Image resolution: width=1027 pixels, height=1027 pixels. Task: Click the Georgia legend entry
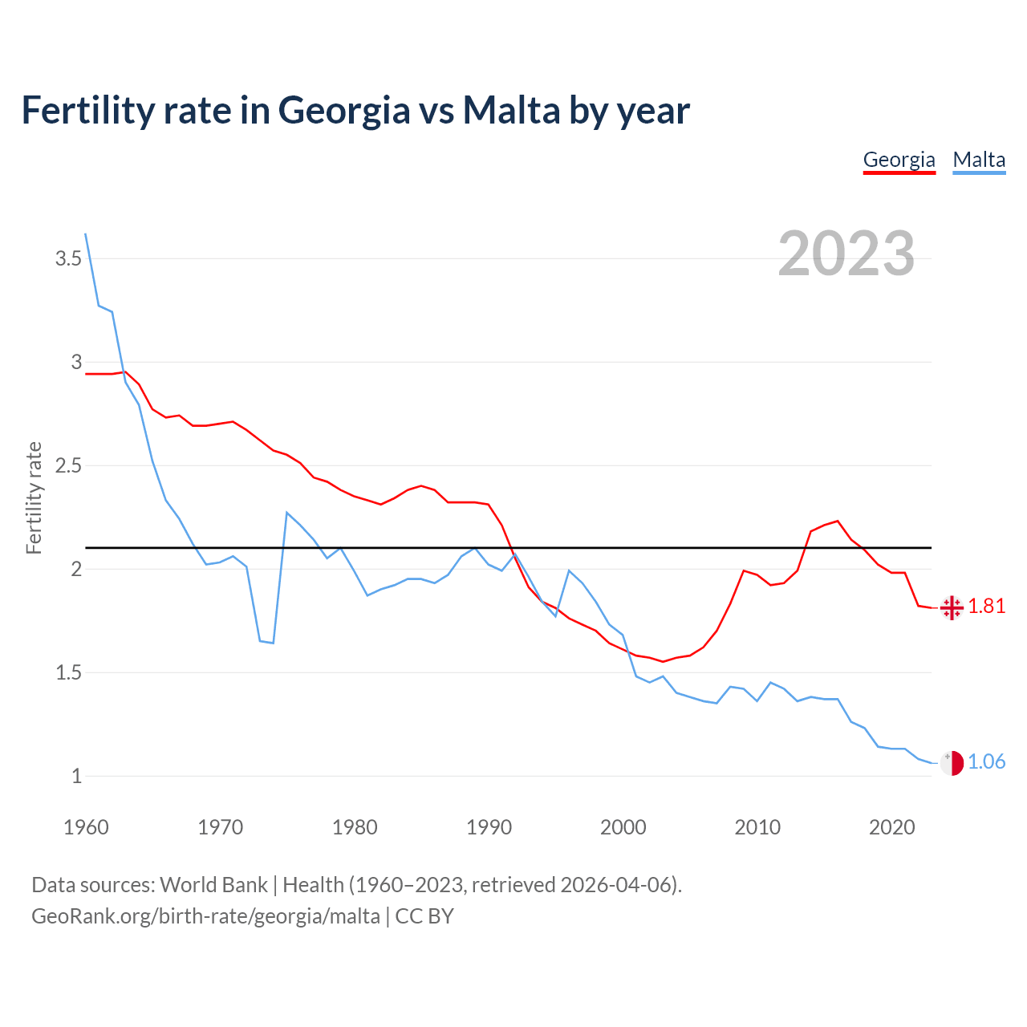(899, 160)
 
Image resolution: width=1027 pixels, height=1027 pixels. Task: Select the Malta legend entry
(979, 160)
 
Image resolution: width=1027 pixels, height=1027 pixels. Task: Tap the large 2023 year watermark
(846, 254)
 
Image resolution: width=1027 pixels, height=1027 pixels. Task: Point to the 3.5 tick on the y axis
(68, 258)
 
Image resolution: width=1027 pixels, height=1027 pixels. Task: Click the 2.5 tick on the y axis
(68, 465)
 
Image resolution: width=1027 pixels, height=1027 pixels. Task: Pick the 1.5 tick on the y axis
(68, 672)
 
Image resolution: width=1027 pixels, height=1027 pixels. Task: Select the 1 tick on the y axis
(77, 776)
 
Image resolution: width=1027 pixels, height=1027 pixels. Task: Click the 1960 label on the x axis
(86, 827)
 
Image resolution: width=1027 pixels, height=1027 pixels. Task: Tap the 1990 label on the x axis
(489, 827)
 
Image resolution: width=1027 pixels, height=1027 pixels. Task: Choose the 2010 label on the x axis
(757, 827)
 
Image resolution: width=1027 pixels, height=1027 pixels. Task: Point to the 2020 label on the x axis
(891, 827)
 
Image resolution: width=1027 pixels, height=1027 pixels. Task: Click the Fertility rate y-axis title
(34, 497)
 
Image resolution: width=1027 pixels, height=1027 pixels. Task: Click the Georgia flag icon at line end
(952, 607)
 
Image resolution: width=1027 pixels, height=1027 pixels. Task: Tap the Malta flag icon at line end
(952, 763)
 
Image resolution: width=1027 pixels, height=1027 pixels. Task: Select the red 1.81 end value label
(987, 606)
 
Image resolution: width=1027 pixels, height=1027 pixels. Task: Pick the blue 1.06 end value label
(987, 761)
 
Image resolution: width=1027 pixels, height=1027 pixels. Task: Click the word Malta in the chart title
(511, 110)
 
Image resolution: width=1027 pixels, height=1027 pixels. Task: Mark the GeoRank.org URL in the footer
(205, 915)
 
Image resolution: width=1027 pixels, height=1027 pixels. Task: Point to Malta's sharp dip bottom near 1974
(273, 643)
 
